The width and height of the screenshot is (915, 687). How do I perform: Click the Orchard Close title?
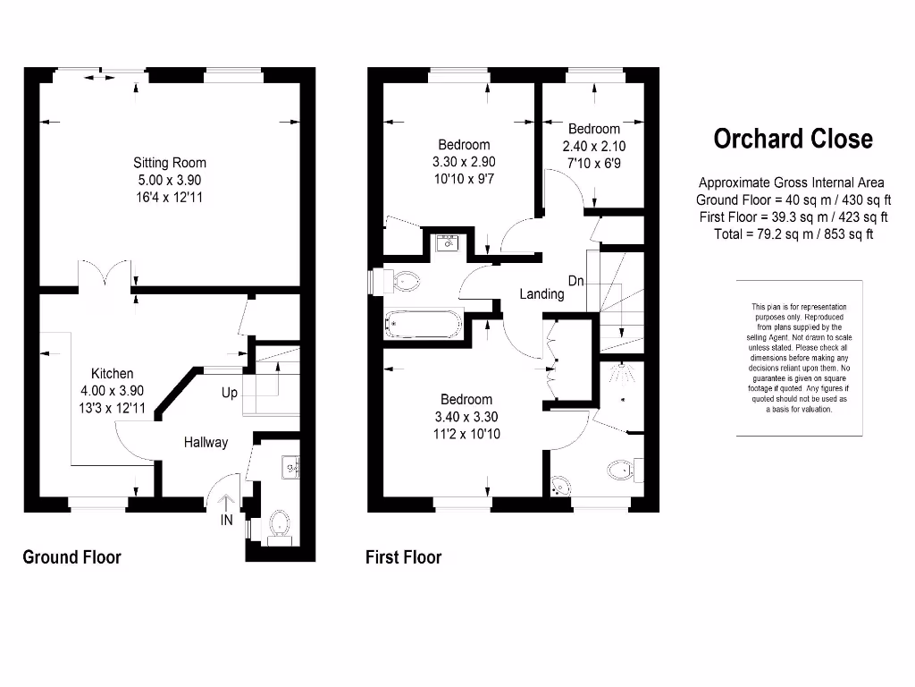pyautogui.click(x=793, y=139)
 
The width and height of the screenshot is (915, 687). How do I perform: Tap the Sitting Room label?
pyautogui.click(x=170, y=163)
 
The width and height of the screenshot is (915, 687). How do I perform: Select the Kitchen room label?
pyautogui.click(x=113, y=373)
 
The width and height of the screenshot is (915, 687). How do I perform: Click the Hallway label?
pyautogui.click(x=206, y=442)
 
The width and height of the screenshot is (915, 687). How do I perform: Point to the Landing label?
pyautogui.click(x=542, y=293)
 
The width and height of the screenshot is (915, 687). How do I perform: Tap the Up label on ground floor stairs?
pyautogui.click(x=230, y=393)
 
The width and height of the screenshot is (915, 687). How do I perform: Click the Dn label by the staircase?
pyautogui.click(x=576, y=281)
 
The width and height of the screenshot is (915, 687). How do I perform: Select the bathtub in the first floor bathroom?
pyautogui.click(x=424, y=323)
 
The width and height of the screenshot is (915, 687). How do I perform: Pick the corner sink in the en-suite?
pyautogui.click(x=561, y=484)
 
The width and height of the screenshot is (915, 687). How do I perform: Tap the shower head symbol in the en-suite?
pyautogui.click(x=622, y=369)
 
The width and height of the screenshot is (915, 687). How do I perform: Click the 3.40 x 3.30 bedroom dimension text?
pyautogui.click(x=466, y=417)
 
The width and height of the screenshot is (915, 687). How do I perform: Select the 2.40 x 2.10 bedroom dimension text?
pyautogui.click(x=593, y=147)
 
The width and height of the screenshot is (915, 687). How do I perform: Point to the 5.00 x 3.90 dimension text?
pyautogui.click(x=170, y=180)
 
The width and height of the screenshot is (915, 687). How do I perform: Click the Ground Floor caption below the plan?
pyautogui.click(x=71, y=557)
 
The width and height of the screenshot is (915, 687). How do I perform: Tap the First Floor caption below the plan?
pyautogui.click(x=403, y=557)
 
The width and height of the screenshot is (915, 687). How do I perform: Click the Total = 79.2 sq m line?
pyautogui.click(x=793, y=234)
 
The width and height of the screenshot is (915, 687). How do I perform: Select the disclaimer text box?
pyautogui.click(x=799, y=358)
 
